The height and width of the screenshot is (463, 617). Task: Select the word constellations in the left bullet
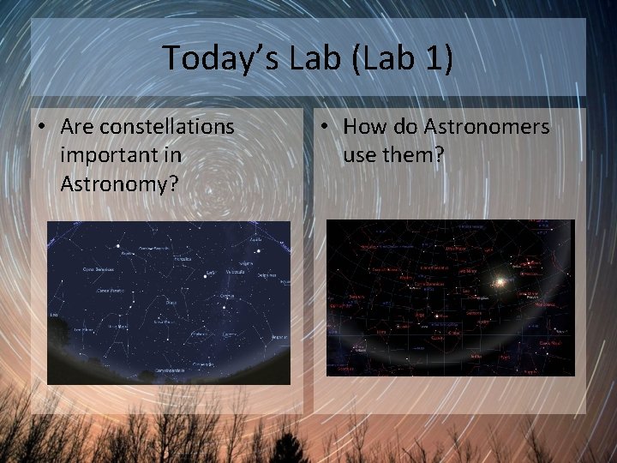[x=166, y=126]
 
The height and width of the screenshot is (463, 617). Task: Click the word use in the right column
[x=360, y=155]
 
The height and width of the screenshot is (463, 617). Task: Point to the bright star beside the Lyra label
[x=205, y=277]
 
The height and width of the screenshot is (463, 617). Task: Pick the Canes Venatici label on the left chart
[x=110, y=290]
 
